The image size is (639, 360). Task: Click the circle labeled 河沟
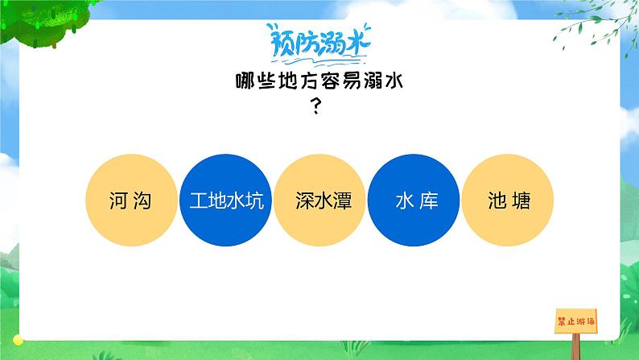[x=130, y=201]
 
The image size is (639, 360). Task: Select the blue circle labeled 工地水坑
[x=227, y=201]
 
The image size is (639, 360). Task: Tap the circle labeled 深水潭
[x=320, y=201]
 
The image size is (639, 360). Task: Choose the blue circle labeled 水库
[x=415, y=201]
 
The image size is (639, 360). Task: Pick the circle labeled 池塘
[x=509, y=201]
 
